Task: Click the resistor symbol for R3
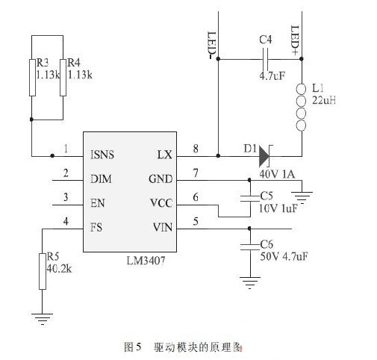tap(32, 78)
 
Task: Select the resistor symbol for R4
tap(63, 78)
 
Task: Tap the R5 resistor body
tap(43, 271)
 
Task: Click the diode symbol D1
tap(265, 156)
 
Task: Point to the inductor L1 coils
tap(301, 108)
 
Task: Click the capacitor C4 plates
tap(266, 59)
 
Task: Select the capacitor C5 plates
tap(249, 198)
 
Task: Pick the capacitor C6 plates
tap(249, 246)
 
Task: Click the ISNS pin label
tap(102, 155)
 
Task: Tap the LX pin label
tap(165, 155)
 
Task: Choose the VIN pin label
tap(163, 227)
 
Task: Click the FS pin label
tap(96, 227)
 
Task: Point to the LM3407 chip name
tap(146, 261)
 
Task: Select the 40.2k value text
tap(59, 269)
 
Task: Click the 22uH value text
tap(324, 100)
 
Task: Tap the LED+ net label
tap(295, 40)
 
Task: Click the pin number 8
tap(196, 149)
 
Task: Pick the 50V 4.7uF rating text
tap(284, 256)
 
